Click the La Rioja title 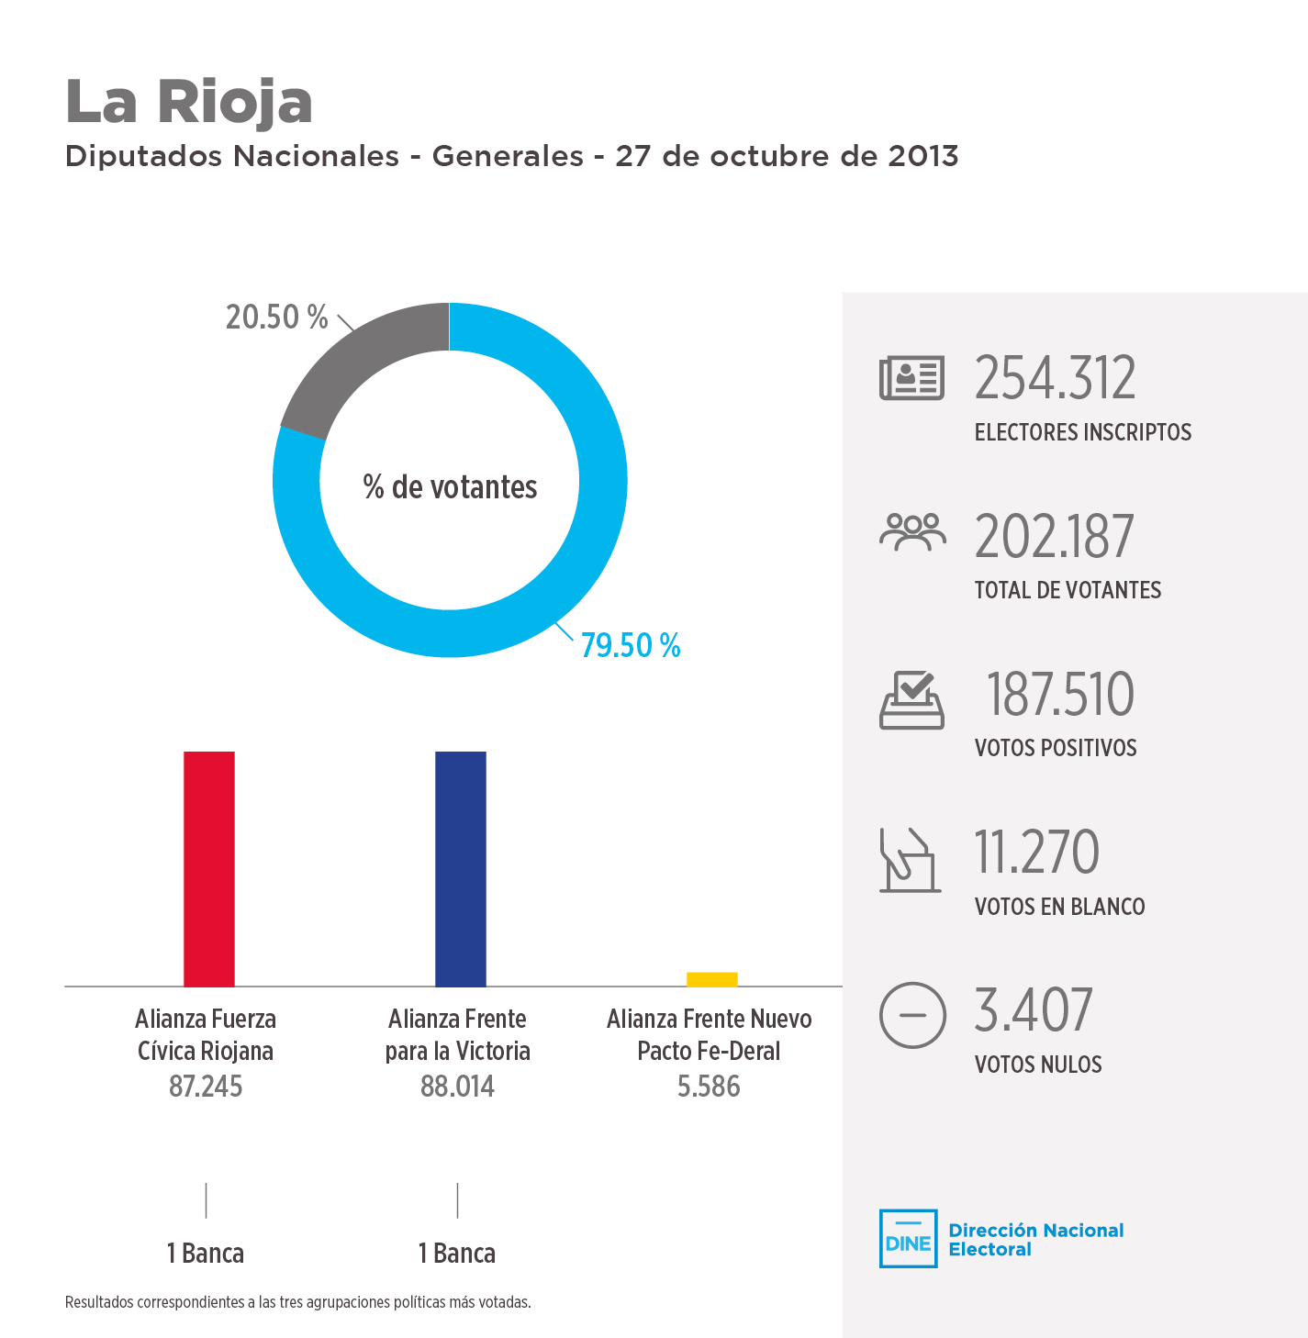pos(189,101)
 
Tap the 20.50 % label pos(276,318)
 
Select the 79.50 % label pos(631,646)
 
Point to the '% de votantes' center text pos(450,487)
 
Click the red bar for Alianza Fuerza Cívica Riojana pos(209,868)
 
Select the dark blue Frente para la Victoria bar pos(461,868)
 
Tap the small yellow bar pos(712,979)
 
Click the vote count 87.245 pos(206,1087)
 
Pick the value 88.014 pos(457,1087)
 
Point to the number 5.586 pos(709,1087)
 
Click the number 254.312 pos(1055,378)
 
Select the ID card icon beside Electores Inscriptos pos(911,378)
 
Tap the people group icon pos(911,532)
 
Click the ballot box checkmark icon pos(911,700)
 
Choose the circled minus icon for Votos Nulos pos(911,1015)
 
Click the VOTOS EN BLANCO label pos(1059,907)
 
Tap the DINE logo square pos(908,1239)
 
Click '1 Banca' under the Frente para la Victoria pos(457,1254)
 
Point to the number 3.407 pos(1033,1010)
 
